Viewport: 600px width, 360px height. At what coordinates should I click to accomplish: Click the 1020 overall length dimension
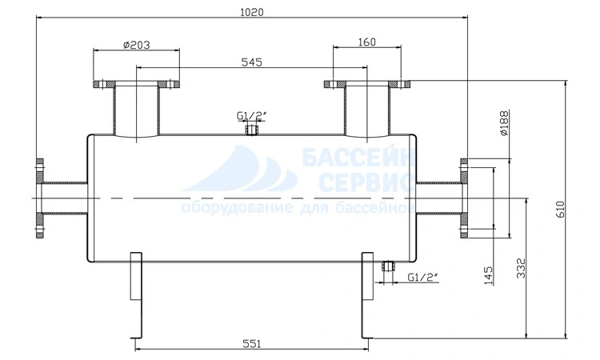point(252,12)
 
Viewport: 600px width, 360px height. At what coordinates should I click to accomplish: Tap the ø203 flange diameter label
point(136,45)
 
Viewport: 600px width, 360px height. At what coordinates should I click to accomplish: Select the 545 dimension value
point(252,62)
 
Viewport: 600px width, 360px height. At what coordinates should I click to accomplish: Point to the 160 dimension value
point(367,42)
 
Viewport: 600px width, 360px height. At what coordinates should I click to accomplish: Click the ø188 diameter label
point(504,123)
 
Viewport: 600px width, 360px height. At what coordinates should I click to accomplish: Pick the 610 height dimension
point(560,209)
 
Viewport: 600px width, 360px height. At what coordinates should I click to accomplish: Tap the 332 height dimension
point(521,268)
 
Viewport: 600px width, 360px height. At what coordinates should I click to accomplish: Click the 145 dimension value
point(488,275)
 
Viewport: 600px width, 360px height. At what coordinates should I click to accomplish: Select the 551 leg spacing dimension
point(252,344)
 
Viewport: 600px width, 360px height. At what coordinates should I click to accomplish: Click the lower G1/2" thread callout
point(422,277)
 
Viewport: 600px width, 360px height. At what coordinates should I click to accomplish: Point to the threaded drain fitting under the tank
point(388,266)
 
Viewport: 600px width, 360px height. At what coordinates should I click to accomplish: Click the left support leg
point(136,295)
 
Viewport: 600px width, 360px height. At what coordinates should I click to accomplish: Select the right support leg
point(367,295)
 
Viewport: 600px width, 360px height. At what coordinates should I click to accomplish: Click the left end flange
point(40,199)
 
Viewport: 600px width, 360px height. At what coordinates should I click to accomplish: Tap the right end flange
point(463,199)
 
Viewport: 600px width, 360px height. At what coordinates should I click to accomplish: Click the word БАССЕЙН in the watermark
point(359,158)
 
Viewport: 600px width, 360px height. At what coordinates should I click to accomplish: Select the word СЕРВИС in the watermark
point(366,182)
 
